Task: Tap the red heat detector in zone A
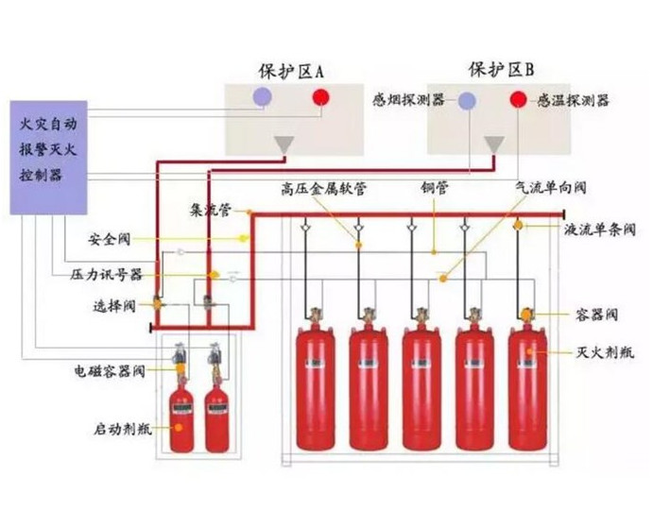[322, 96]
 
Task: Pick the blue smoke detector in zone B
[468, 101]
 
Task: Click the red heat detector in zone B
[519, 100]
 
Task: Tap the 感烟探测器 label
[408, 100]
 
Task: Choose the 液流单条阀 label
[600, 229]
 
